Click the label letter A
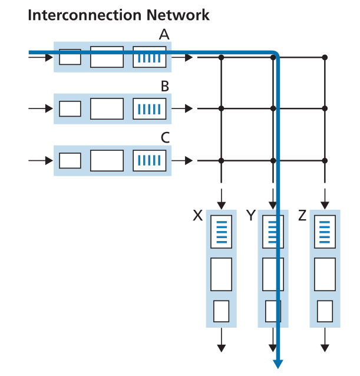click(x=164, y=35)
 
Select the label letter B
click(x=165, y=87)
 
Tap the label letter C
click(x=165, y=138)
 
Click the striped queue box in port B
click(x=150, y=109)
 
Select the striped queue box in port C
click(x=150, y=160)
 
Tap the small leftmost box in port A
click(x=71, y=57)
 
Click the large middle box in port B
click(x=107, y=109)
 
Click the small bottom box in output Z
click(x=325, y=311)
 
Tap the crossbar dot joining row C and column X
click(x=222, y=160)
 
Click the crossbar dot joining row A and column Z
click(x=325, y=57)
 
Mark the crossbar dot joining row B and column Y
click(x=273, y=108)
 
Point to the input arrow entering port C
click(x=40, y=160)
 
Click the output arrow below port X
click(x=222, y=344)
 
